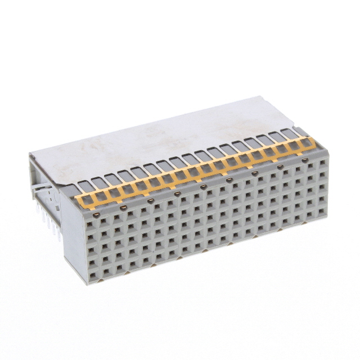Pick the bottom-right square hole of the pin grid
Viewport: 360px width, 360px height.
[x=323, y=213]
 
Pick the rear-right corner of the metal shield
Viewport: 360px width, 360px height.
[x=258, y=97]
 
